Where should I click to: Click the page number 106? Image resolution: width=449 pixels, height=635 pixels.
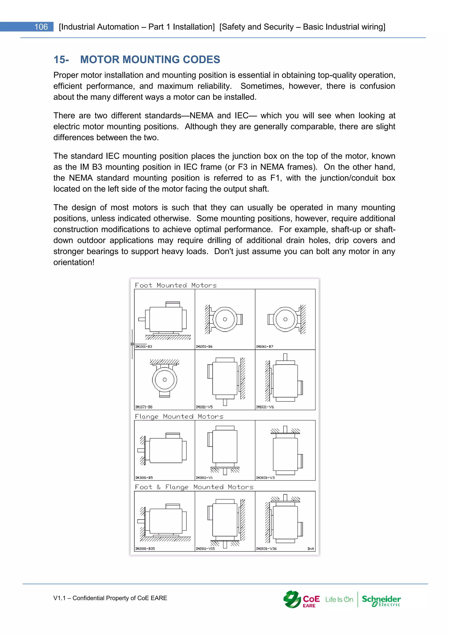pyautogui.click(x=41, y=27)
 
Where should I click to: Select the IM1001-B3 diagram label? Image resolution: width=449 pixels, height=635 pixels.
pyautogui.click(x=144, y=346)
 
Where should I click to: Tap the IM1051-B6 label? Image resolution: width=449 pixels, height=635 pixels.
pyautogui.click(x=204, y=346)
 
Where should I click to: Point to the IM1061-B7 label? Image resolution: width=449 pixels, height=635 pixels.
pyautogui.click(x=265, y=346)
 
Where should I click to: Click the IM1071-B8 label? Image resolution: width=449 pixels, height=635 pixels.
pyautogui.click(x=144, y=407)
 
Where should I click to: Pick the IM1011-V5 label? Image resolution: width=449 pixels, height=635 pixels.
pyautogui.click(x=204, y=407)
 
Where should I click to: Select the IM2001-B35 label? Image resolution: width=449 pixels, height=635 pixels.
pyautogui.click(x=145, y=548)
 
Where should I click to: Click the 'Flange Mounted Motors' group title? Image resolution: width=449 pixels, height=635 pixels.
pyautogui.click(x=179, y=417)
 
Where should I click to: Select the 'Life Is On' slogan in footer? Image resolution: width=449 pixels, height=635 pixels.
pyautogui.click(x=339, y=600)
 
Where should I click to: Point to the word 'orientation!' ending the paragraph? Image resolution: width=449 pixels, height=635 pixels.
pyautogui.click(x=74, y=262)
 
